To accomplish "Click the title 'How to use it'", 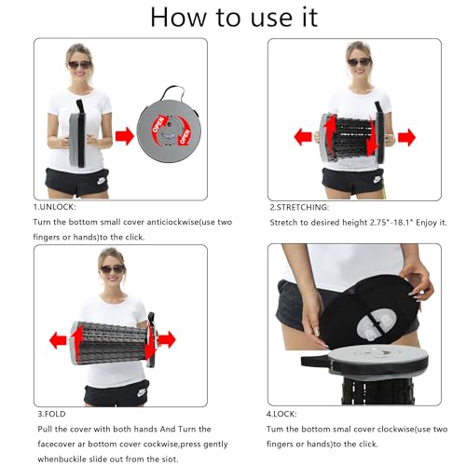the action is [x=234, y=17].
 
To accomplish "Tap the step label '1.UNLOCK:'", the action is [x=54, y=207].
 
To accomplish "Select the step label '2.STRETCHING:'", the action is [x=299, y=207].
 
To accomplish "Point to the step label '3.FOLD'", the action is [x=51, y=414].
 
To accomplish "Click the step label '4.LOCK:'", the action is [x=281, y=414].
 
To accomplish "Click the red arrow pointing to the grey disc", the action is [x=125, y=136].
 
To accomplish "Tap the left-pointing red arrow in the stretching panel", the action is [x=303, y=137].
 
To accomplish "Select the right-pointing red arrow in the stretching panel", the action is [x=406, y=137].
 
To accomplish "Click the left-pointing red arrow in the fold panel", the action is [x=58, y=340].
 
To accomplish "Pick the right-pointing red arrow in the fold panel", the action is [x=167, y=339].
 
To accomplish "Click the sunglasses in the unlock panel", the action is [x=79, y=65].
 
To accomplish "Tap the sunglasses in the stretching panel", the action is [x=359, y=62].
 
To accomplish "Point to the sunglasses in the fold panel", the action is [x=113, y=269].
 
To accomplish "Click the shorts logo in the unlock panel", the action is [x=102, y=181].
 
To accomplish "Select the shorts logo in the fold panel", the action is [x=142, y=392].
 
